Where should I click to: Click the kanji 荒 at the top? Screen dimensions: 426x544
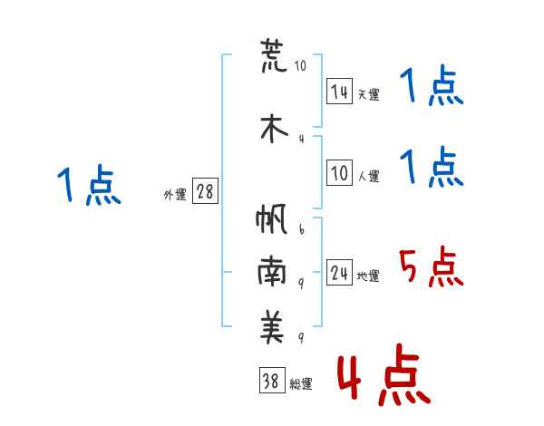[x=273, y=57]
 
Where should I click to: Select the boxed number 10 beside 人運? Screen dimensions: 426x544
[x=339, y=174]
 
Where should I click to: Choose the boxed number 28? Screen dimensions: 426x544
[x=205, y=192]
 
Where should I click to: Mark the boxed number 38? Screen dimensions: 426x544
[x=271, y=382]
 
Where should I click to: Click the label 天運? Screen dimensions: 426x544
[x=368, y=94]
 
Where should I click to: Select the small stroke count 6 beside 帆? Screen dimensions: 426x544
[x=301, y=229]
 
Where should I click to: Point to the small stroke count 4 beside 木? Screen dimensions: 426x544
[x=301, y=138]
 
